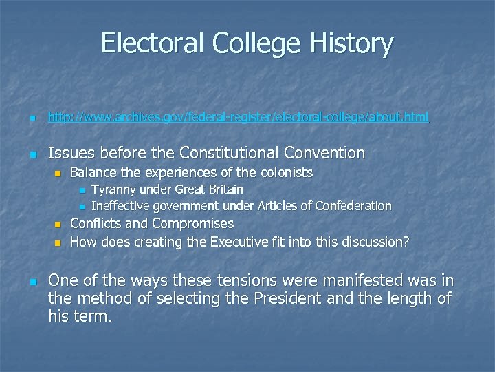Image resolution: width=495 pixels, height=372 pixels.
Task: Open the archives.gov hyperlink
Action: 238,118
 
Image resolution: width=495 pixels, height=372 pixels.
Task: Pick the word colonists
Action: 285,172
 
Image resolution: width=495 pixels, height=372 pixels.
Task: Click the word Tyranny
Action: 113,189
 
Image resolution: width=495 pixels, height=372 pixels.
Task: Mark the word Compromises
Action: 193,224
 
